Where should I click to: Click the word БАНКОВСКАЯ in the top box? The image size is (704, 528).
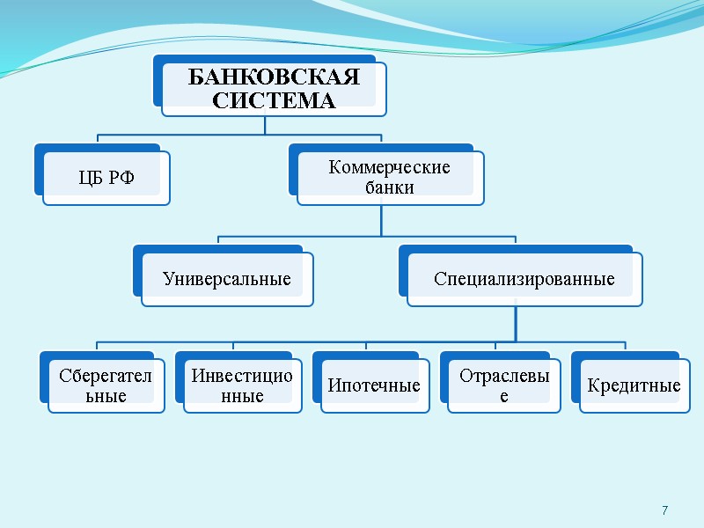[274, 77]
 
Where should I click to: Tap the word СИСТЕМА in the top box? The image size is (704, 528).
[274, 100]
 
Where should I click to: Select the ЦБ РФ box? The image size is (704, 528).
[106, 180]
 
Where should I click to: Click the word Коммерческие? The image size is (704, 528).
[389, 167]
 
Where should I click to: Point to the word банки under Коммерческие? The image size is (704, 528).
[389, 187]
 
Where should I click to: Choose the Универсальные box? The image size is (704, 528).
[227, 280]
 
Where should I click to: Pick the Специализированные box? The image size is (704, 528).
[524, 280]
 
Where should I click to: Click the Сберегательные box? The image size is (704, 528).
[106, 385]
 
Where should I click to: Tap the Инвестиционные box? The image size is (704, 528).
[241, 385]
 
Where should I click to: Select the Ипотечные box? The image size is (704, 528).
[374, 385]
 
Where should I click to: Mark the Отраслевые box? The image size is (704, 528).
[503, 385]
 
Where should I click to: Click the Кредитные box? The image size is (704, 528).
[634, 385]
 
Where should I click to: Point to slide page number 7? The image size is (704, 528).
[664, 511]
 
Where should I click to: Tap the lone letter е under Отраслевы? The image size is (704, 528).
[503, 397]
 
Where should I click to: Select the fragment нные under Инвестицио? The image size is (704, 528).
[241, 397]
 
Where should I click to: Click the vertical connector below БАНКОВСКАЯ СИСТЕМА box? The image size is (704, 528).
[265, 125]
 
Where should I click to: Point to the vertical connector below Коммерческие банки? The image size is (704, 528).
[381, 220]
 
